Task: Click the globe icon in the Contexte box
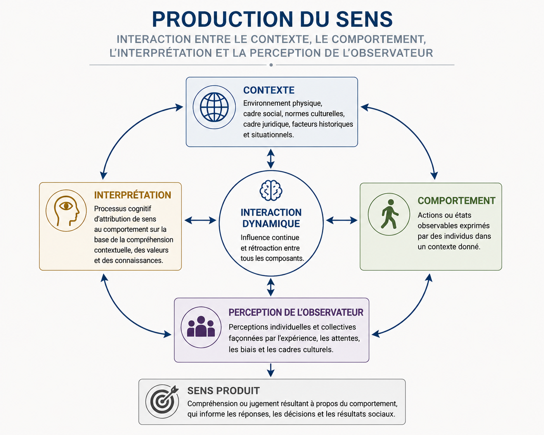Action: click(x=214, y=107)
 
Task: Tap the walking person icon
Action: click(x=390, y=214)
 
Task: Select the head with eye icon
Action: click(x=66, y=211)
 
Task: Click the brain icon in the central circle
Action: click(x=271, y=190)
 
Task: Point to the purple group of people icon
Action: click(x=201, y=326)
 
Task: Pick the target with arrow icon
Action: click(x=163, y=401)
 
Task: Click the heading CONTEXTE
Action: click(x=269, y=90)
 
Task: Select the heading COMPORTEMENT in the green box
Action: click(x=456, y=200)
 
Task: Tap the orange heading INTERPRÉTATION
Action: click(x=132, y=195)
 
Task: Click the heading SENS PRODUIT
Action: click(x=223, y=390)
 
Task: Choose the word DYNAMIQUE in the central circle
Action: click(x=271, y=224)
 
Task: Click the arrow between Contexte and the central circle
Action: click(x=271, y=159)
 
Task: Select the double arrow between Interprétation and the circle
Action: click(x=200, y=220)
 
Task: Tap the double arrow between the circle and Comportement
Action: click(x=341, y=220)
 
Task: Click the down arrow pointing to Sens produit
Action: click(x=271, y=370)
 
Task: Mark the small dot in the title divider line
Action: click(x=271, y=65)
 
